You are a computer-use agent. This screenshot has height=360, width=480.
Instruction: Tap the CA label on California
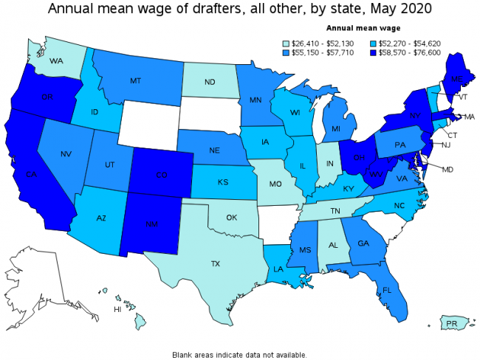pos(31,174)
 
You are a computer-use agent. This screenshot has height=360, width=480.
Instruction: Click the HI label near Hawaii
pos(117,310)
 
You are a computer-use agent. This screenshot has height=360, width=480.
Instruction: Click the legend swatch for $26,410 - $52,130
pos(287,43)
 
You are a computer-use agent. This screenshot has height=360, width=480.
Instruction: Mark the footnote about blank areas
pos(239,354)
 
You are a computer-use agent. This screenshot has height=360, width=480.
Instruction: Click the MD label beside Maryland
pos(448,169)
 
